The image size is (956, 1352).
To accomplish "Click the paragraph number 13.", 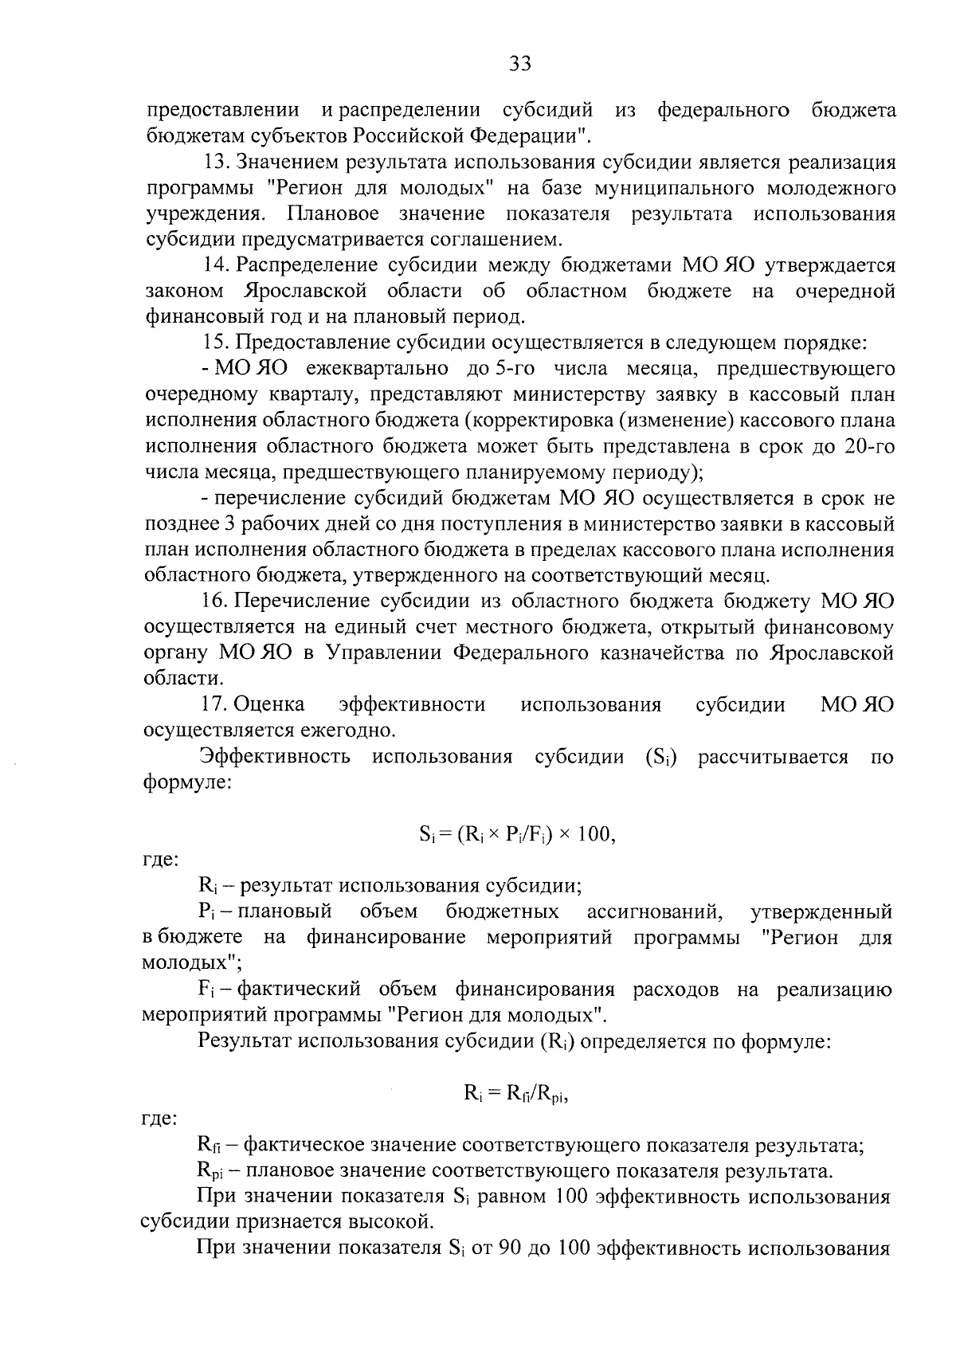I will point(215,163).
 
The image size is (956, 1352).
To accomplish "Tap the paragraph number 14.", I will point(215,265).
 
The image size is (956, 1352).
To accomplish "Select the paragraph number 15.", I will point(215,343).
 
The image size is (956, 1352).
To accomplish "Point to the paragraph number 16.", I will point(215,602).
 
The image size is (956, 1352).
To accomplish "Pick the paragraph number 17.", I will point(215,705).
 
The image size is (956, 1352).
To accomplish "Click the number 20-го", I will point(868,447).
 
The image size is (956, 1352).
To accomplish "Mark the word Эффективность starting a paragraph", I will point(274,757).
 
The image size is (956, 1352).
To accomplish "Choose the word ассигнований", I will point(654,911).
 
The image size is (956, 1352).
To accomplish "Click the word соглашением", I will point(496,239).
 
